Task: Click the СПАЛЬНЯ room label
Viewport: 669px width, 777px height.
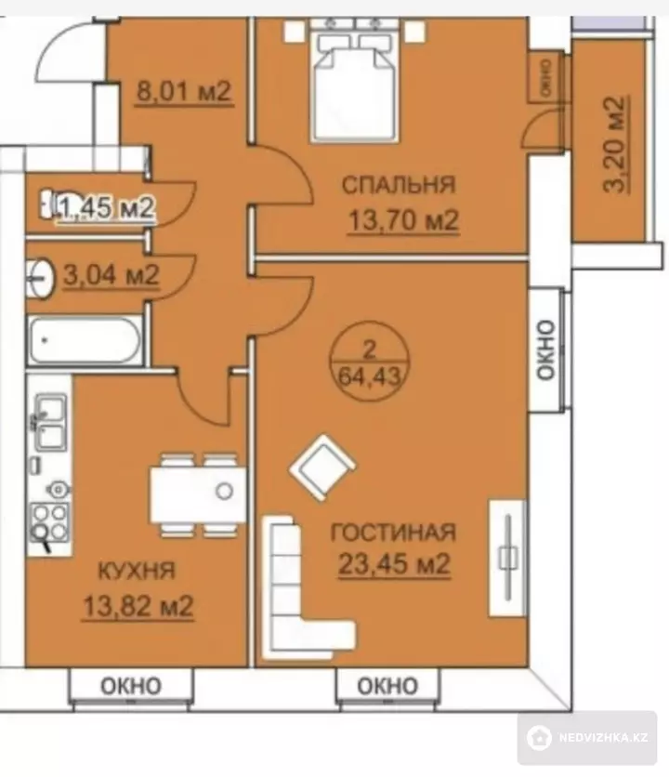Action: pos(399,184)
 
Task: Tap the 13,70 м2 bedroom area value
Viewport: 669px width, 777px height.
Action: pos(403,220)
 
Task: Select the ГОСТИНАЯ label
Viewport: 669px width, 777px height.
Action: pos(393,533)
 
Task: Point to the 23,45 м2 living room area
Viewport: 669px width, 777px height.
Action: pos(394,563)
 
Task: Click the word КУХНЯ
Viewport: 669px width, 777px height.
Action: pos(137,571)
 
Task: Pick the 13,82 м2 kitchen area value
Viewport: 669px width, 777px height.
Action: pos(138,605)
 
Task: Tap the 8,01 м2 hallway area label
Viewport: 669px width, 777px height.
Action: pos(184,91)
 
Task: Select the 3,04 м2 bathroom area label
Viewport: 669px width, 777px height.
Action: pos(111,274)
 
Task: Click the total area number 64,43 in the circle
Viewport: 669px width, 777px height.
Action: pos(369,377)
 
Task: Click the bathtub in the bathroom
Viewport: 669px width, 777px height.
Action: pos(85,341)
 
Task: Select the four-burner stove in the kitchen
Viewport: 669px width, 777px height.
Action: pos(49,521)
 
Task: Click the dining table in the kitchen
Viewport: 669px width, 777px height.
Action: pos(198,494)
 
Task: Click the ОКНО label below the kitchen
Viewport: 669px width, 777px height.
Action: pos(131,686)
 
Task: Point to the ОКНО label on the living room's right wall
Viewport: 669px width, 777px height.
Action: pos(545,350)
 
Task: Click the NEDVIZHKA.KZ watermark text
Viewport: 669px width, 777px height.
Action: pos(603,737)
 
